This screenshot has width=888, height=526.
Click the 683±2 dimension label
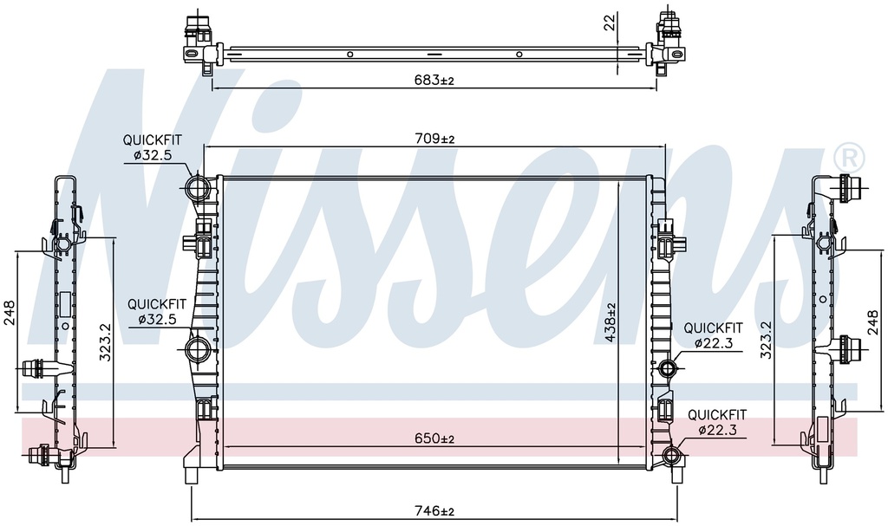pos(434,81)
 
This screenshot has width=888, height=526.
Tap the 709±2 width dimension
pos(434,138)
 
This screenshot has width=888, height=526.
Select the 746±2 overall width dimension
pos(434,511)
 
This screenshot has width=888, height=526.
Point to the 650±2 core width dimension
pos(434,438)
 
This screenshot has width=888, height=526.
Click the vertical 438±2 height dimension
pos(610,322)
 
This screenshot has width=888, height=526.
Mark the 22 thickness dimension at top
pos(610,23)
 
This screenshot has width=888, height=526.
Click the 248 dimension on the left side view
pos(10,312)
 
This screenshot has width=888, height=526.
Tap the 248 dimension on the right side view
pos(872,321)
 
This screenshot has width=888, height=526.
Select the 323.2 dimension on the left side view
pos(105,342)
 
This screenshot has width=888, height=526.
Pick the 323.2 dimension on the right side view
pos(766,340)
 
